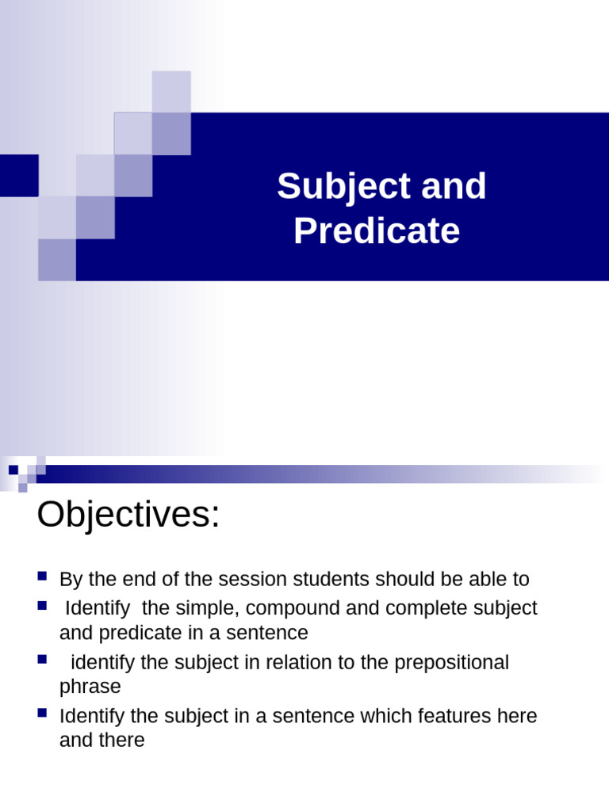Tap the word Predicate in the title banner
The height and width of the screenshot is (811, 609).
coord(377,232)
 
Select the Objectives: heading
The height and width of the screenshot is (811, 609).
coord(128,516)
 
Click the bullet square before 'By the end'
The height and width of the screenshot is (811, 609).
coord(43,576)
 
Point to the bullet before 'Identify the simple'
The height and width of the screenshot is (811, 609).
coord(43,606)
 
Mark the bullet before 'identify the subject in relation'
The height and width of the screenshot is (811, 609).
coord(43,659)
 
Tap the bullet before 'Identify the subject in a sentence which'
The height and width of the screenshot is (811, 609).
coord(43,714)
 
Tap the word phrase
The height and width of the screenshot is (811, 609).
coord(90,687)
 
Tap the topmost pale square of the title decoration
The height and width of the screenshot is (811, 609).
coord(171,91)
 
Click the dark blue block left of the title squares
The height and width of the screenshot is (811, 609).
coord(19,175)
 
